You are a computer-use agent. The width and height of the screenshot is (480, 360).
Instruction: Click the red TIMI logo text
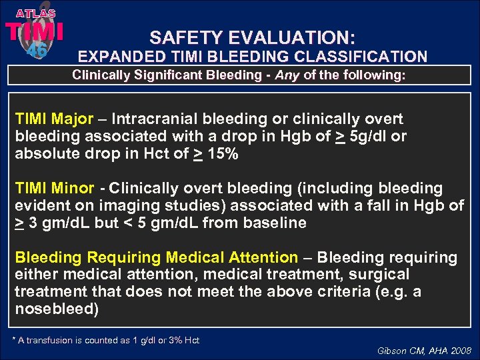[x=35, y=32]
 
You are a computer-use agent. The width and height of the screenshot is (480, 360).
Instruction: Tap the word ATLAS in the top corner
[x=35, y=13]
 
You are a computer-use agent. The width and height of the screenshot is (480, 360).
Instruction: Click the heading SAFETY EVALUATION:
[x=252, y=37]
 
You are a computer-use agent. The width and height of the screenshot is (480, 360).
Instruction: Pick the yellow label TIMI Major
[x=54, y=119]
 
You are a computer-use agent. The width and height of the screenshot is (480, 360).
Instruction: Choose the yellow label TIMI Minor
[x=54, y=189]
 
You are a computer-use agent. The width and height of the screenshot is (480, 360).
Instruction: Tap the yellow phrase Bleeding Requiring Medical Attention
[x=156, y=257]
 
